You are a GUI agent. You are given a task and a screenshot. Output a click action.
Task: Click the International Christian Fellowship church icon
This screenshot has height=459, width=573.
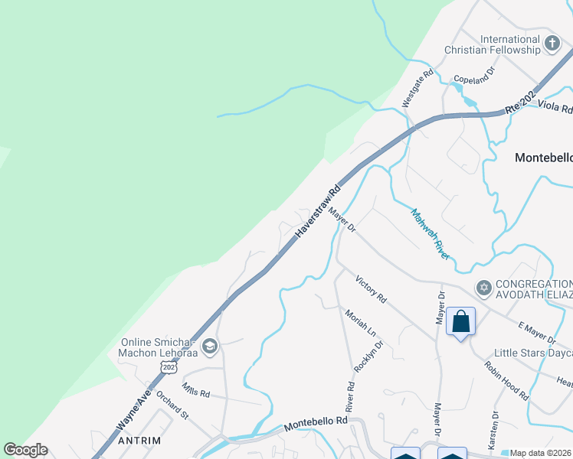click(x=552, y=44)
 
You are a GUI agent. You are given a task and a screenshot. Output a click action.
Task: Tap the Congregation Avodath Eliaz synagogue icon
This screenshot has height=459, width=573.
click(x=483, y=288)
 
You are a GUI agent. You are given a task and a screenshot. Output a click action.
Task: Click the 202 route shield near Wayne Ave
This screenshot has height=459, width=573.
click(x=169, y=367)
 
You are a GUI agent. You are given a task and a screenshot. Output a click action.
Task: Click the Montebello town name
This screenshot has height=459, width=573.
click(x=543, y=158)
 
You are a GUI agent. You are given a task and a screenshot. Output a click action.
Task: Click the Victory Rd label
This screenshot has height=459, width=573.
click(x=371, y=288)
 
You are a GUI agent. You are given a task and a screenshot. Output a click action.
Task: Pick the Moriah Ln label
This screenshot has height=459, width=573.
click(x=360, y=324)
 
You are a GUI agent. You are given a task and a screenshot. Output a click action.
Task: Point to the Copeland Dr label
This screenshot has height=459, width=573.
click(x=475, y=74)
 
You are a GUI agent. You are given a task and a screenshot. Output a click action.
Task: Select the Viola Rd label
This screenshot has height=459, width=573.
click(x=555, y=106)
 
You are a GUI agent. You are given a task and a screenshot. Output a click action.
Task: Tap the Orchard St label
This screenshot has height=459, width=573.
click(x=172, y=405)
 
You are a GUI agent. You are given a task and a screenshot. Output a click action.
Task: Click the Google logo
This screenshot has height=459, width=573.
click(x=25, y=450)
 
